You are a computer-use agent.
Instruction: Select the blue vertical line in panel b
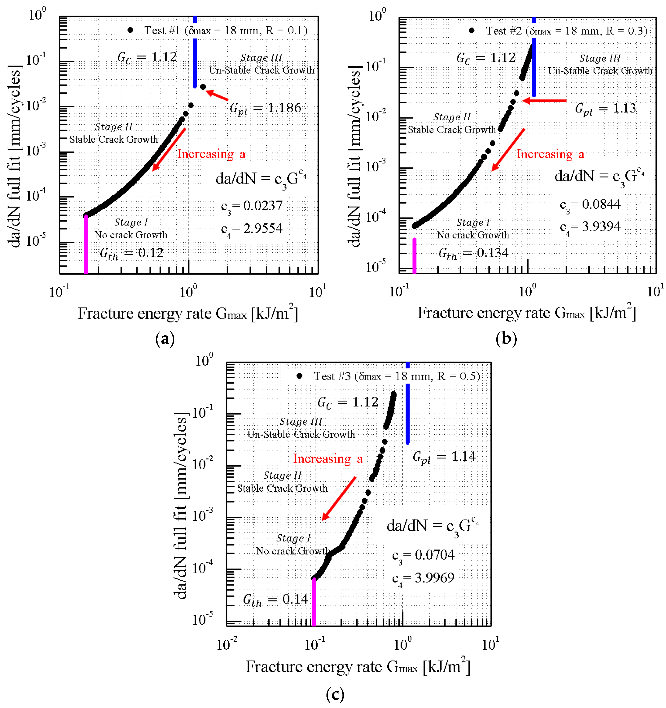pos(533,57)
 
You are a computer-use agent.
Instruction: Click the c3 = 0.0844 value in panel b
pos(590,204)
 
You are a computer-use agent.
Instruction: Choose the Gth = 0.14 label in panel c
pos(275,599)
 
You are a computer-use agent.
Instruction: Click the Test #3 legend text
pos(397,376)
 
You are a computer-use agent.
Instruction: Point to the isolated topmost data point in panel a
pos(203,87)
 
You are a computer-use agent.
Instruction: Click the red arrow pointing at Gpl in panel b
pos(544,101)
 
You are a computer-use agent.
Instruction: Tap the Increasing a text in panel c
pos(328,459)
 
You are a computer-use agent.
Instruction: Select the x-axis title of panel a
pos(187,314)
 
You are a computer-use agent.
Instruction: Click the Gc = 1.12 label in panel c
pos(348,402)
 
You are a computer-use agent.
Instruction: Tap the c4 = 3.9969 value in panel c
pos(423,578)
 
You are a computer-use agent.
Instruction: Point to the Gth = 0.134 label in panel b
pos(473,253)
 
